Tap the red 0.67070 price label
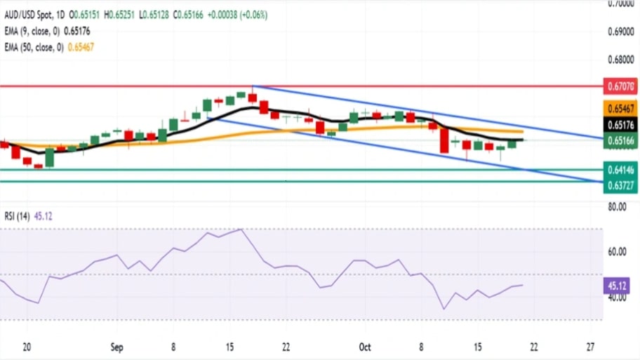(620, 86)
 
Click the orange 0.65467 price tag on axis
(620, 109)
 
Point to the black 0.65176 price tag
(620, 125)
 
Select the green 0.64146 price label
(620, 169)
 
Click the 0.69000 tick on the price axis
(620, 32)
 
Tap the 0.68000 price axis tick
(620, 60)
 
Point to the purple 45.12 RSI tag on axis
(620, 286)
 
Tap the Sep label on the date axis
(116, 347)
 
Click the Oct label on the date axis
(365, 347)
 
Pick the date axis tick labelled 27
(590, 347)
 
